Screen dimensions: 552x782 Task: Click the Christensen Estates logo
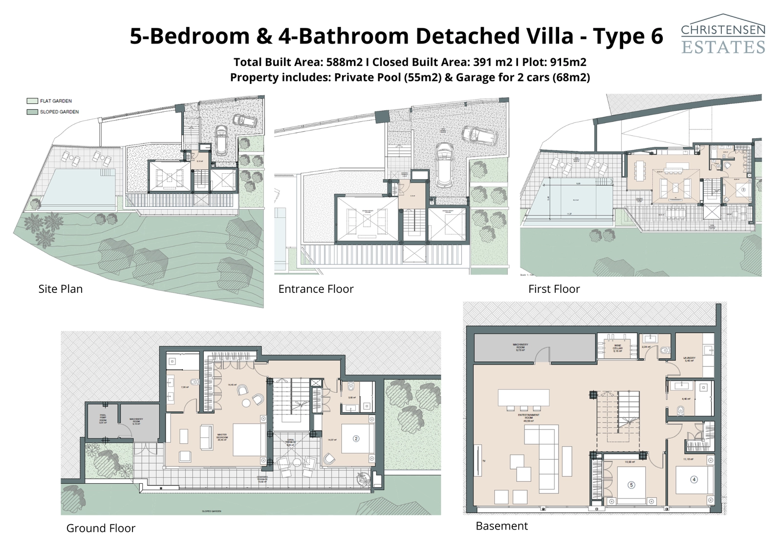tap(723, 34)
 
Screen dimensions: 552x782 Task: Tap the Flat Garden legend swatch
tap(32, 101)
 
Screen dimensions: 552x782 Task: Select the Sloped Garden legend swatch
tap(32, 112)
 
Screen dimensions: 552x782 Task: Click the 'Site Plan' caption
tap(61, 289)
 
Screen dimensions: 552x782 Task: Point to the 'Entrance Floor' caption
tap(316, 289)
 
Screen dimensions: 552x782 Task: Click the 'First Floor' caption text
tap(554, 289)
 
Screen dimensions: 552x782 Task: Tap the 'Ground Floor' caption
tap(101, 528)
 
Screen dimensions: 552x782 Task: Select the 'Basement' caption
tap(501, 526)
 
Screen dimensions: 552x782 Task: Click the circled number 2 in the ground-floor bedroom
tap(356, 439)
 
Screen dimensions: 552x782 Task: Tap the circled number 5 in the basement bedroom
tap(631, 485)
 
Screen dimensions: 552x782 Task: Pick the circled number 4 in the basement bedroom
tap(694, 479)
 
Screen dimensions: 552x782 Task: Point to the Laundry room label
tap(689, 359)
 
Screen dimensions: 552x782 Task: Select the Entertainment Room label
tap(528, 416)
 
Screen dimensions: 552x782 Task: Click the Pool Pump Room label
tap(103, 419)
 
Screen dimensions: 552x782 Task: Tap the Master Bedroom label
tap(222, 437)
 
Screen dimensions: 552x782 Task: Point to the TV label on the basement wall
tap(484, 461)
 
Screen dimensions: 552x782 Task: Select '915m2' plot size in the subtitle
tap(568, 62)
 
